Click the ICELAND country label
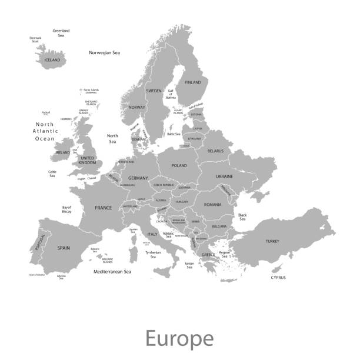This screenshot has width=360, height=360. click(x=52, y=60)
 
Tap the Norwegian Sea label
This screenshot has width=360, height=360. click(x=104, y=53)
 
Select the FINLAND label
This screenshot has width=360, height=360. click(x=192, y=83)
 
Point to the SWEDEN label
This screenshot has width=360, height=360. click(x=154, y=91)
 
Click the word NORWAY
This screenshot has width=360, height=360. click(x=137, y=107)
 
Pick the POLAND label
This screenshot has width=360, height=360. click(x=179, y=166)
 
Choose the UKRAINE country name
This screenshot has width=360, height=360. click(x=224, y=176)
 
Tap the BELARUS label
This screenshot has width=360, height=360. click(x=215, y=151)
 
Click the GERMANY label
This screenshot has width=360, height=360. click(x=138, y=178)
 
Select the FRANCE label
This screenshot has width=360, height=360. click(x=104, y=208)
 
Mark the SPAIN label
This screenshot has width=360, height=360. click(x=64, y=248)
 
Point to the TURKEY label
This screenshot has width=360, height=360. click(x=272, y=241)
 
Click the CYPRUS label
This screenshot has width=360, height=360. click(x=278, y=277)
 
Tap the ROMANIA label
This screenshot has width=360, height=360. click(x=212, y=204)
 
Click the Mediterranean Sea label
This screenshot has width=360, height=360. click(x=112, y=272)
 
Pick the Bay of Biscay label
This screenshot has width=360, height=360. click(x=66, y=209)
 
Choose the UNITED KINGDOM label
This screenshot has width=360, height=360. click(x=87, y=160)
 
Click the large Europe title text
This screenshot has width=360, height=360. click(x=179, y=339)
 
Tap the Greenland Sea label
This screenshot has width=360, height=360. click(x=61, y=33)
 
